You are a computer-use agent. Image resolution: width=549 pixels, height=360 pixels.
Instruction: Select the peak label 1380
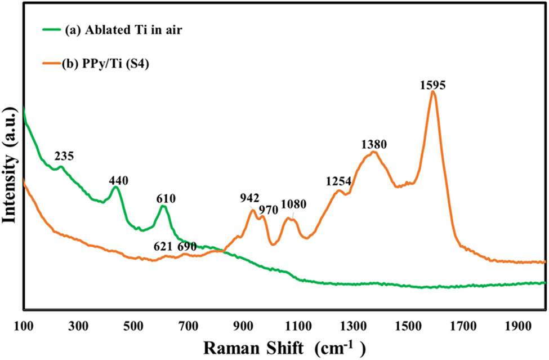pyautogui.click(x=373, y=145)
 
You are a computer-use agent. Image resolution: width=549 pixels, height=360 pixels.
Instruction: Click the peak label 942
pyautogui.click(x=249, y=198)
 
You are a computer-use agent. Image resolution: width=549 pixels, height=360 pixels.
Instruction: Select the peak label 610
pyautogui.click(x=166, y=198)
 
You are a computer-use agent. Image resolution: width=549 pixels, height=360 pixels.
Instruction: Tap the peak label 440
pyautogui.click(x=118, y=181)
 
